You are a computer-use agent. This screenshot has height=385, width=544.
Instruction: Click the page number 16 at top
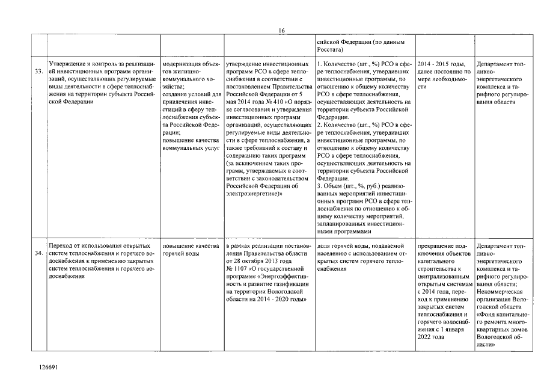[281, 31]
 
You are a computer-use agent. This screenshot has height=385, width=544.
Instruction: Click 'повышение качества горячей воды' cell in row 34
[186, 250]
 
